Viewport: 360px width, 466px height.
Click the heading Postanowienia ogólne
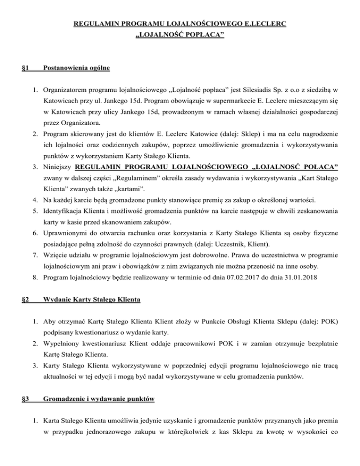[x=76, y=68]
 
